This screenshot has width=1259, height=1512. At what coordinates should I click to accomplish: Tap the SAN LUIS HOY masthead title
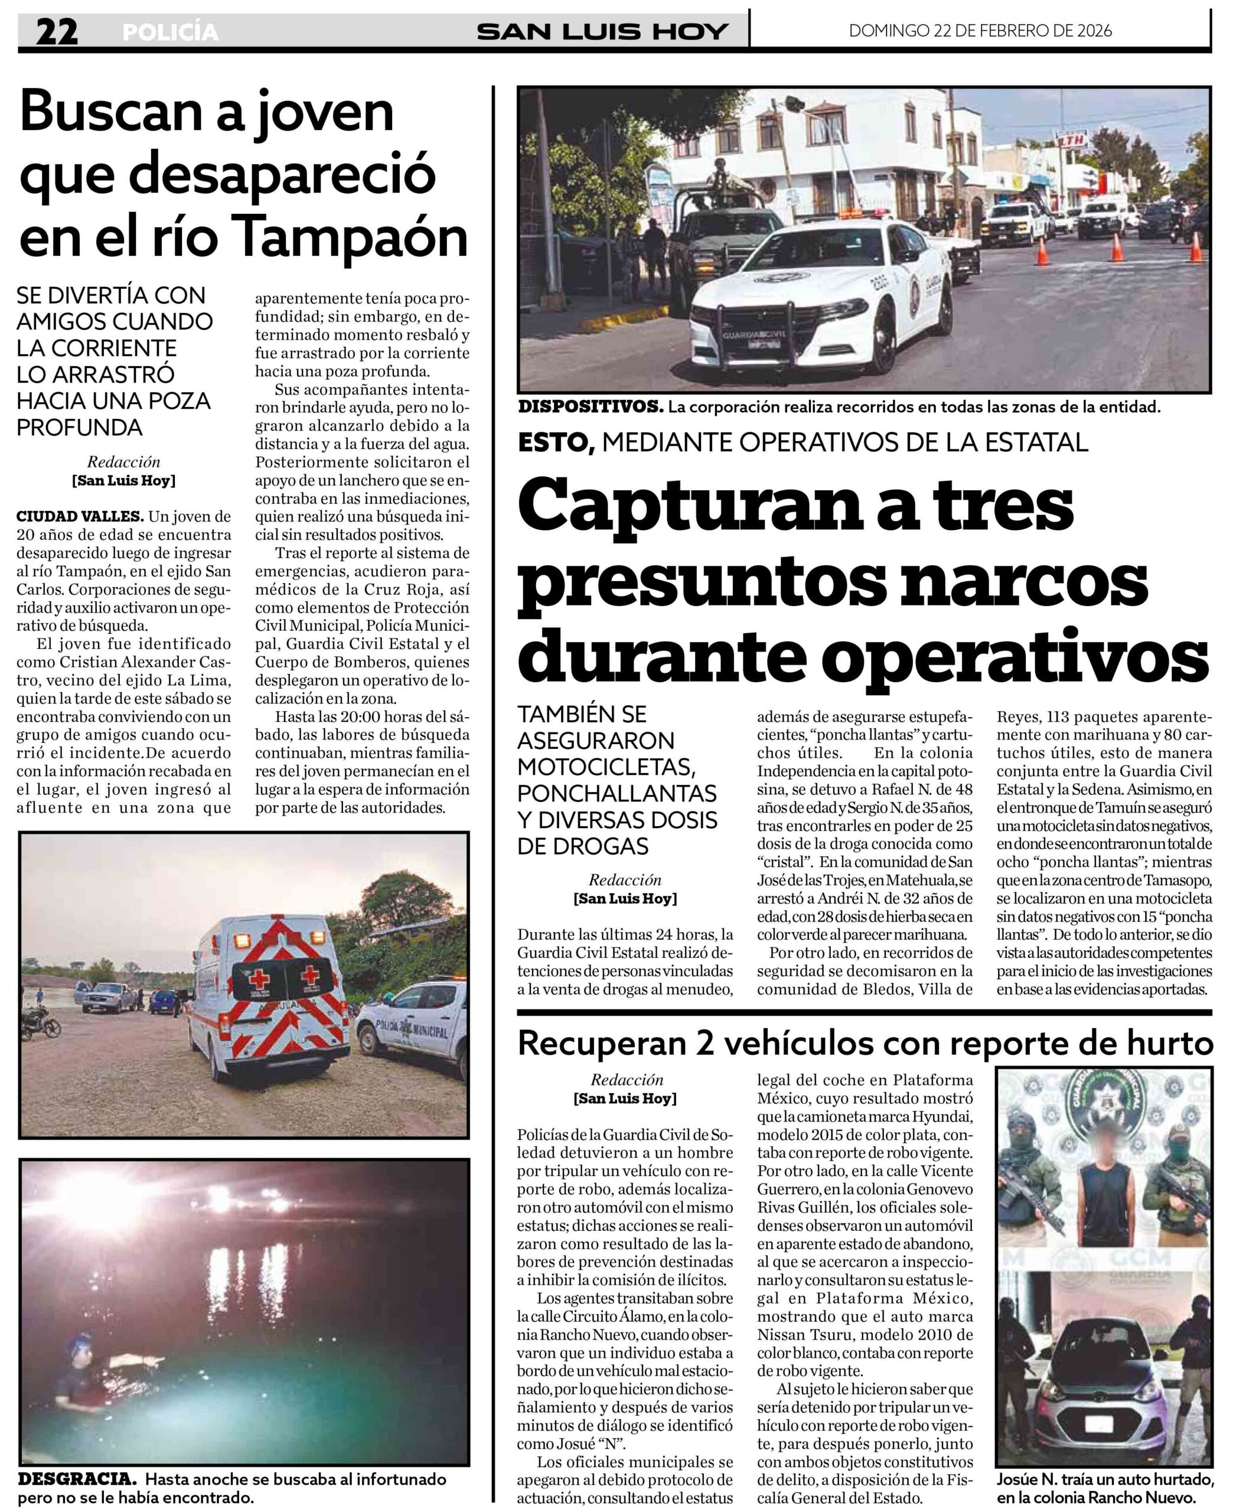click(x=602, y=32)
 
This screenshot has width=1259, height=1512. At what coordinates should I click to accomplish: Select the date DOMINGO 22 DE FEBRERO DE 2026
click(x=980, y=31)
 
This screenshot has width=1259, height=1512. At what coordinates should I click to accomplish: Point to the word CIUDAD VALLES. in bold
click(x=80, y=516)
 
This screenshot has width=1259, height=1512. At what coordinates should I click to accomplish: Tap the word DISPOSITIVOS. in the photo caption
click(x=591, y=407)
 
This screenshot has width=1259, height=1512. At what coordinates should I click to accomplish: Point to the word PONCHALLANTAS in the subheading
click(x=617, y=793)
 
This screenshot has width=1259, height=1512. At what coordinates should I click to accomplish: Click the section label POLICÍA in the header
click(x=170, y=32)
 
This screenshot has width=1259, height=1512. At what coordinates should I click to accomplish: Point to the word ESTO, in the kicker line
click(x=556, y=442)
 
